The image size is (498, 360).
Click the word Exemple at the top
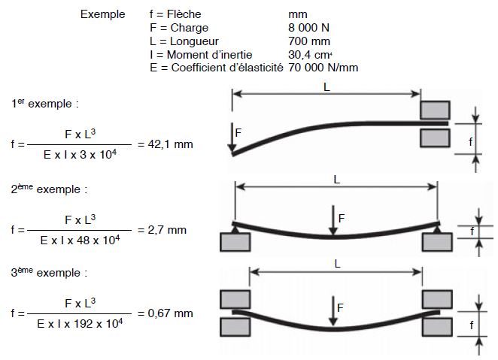pyautogui.click(x=102, y=14)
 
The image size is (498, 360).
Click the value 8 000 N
pyautogui.click(x=308, y=28)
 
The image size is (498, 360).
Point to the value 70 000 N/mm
pyautogui.click(x=322, y=68)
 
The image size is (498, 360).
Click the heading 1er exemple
pyautogui.click(x=45, y=102)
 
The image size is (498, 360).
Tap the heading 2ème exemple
pyautogui.click(x=49, y=189)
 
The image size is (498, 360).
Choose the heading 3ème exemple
pyautogui.click(x=49, y=271)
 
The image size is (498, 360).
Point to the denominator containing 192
pyautogui.click(x=80, y=322)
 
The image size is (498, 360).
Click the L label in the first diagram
pyautogui.click(x=326, y=86)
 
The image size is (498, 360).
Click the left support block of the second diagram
pyautogui.click(x=235, y=241)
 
